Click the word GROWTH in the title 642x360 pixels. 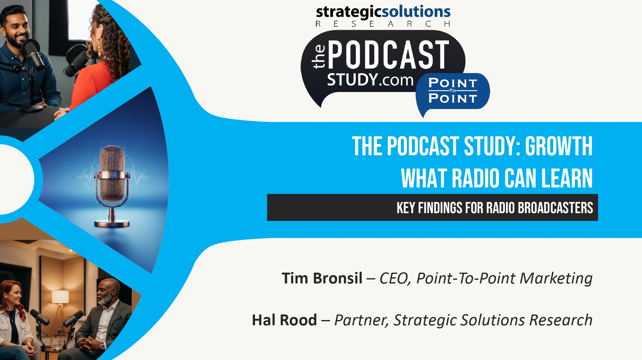[558, 146]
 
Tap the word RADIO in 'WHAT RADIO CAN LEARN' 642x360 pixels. [476, 178]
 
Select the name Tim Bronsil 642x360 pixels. [322, 278]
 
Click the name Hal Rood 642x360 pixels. [284, 320]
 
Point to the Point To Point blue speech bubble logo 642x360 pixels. [452, 91]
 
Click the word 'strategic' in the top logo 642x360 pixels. [349, 12]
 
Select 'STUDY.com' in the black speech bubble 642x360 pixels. [370, 80]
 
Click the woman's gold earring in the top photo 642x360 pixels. [100, 46]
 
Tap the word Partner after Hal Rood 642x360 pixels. [360, 320]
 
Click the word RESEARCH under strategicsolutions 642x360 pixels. [383, 24]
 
